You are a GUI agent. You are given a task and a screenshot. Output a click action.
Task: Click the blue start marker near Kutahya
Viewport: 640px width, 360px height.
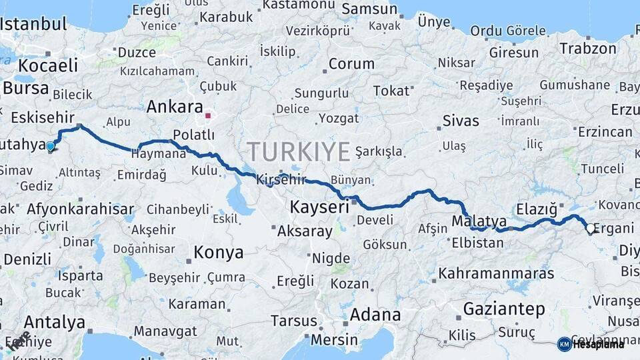(50, 146)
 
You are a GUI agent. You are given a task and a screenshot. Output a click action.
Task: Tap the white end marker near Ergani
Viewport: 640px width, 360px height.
(589, 229)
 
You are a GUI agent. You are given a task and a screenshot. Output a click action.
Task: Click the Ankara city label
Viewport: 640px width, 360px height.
(174, 107)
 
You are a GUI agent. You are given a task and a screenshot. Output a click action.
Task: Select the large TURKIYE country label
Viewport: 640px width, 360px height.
(298, 153)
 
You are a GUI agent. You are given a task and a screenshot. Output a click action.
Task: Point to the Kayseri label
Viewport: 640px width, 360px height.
(319, 207)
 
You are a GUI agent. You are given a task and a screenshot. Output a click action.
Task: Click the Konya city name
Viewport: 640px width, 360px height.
(218, 253)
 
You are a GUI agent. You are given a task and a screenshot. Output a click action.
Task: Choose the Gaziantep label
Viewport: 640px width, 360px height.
(504, 309)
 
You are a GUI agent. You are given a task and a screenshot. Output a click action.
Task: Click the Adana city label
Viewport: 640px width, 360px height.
(375, 314)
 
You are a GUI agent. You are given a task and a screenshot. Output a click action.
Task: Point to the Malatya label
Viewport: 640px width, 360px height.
(478, 221)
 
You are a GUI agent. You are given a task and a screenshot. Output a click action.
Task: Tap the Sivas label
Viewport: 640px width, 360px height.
(461, 121)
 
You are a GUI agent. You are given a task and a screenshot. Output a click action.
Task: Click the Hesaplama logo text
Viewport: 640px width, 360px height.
(599, 344)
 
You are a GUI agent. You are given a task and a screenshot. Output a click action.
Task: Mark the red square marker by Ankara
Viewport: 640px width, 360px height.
(208, 115)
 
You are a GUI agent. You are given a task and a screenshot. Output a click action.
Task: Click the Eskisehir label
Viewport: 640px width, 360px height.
(42, 117)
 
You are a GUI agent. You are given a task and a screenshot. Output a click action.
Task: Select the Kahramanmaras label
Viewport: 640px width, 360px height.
(496, 273)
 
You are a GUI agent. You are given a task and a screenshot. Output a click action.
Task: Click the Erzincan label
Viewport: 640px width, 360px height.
(605, 132)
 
